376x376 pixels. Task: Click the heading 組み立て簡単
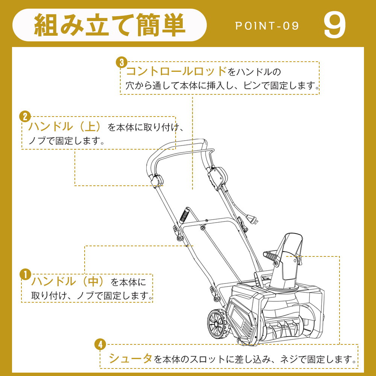[109, 25]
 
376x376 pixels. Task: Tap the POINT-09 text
[267, 26]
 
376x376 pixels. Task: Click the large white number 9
[335, 25]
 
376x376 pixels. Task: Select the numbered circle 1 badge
[26, 274]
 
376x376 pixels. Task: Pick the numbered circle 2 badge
[25, 117]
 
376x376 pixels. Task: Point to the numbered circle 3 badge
[121, 62]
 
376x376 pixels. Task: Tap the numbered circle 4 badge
[100, 344]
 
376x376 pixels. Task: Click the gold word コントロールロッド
[176, 71]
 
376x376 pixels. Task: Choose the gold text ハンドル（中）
[68, 281]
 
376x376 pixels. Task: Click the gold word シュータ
[130, 358]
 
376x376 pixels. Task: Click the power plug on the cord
[253, 219]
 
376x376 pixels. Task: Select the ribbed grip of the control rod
[184, 215]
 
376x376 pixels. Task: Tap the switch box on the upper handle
[217, 177]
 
